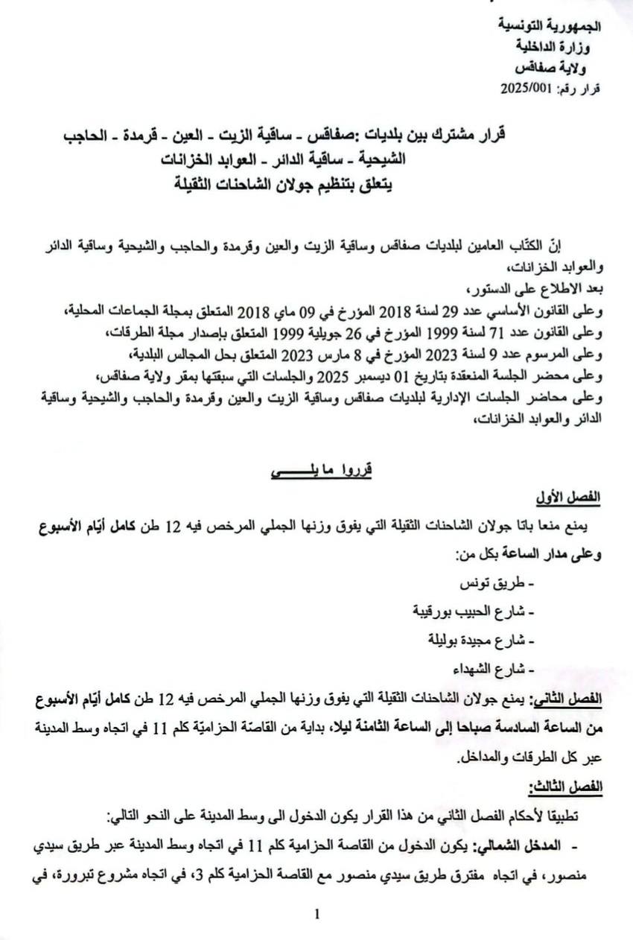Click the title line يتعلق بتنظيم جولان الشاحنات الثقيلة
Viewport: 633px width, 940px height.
coord(315,181)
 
